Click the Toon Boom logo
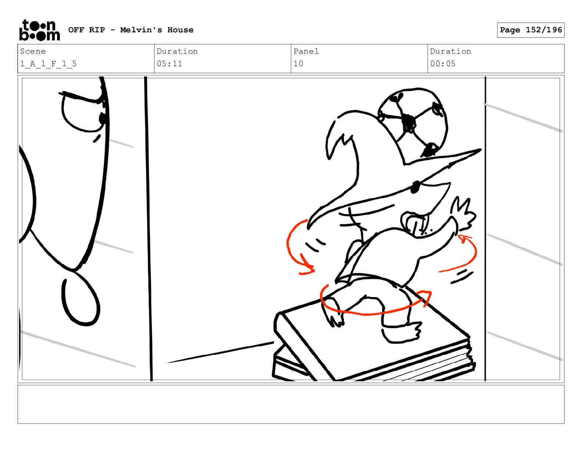40,30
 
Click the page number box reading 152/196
531,30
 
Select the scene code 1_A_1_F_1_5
48,64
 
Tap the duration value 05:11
169,64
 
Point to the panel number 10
298,64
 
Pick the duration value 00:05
443,64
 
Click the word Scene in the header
33,51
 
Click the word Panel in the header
306,51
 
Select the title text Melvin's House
157,30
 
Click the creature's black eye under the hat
415,187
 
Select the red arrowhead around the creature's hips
426,297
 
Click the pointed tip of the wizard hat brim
480,150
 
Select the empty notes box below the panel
291,404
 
